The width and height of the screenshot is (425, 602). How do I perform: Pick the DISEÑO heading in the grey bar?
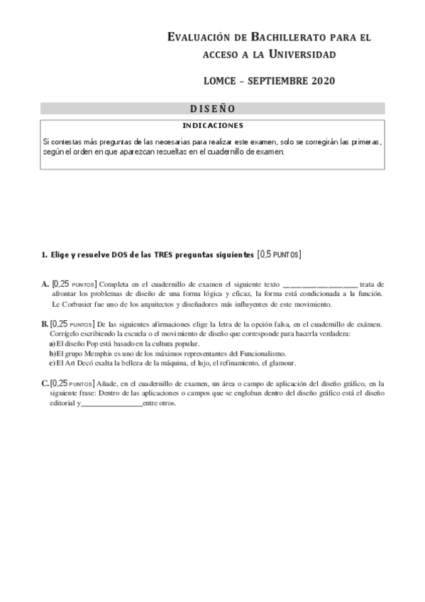[213, 109]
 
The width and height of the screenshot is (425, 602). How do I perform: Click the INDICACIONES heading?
[213, 125]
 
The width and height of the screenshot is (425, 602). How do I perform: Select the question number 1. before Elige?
[44, 254]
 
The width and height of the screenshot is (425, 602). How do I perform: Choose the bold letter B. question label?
[45, 324]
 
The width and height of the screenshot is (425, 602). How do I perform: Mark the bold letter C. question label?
[45, 383]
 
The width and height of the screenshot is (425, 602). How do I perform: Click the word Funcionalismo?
[260, 353]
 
